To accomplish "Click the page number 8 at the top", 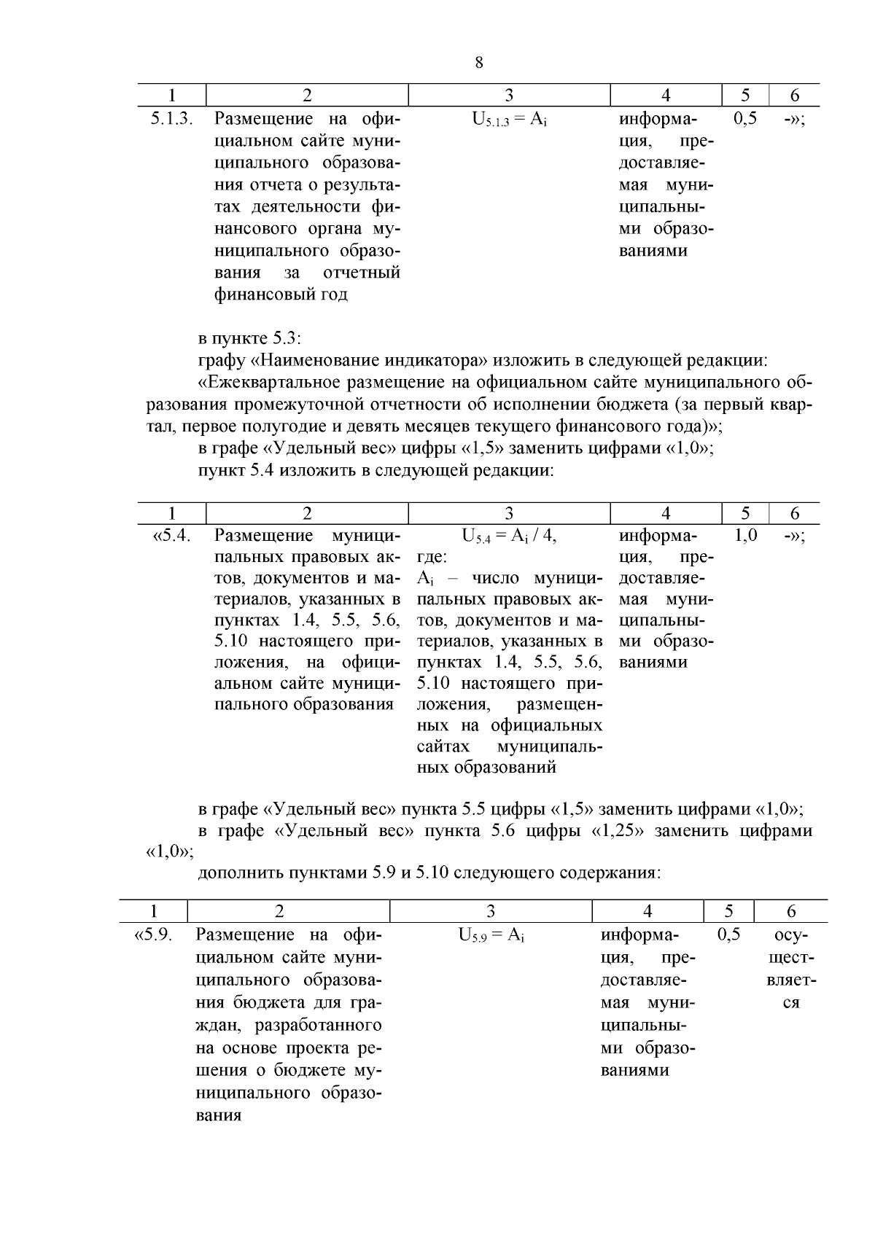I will click(x=478, y=63).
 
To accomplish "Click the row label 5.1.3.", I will click(x=171, y=119).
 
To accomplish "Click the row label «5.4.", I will click(x=171, y=536).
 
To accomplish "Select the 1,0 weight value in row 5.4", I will click(x=744, y=536).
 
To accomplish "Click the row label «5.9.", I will click(x=153, y=935).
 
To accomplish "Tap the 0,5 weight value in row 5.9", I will click(x=728, y=934).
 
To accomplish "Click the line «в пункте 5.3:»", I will click(x=249, y=338).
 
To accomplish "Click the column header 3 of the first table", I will click(x=509, y=95).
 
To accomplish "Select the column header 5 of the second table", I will click(x=744, y=513).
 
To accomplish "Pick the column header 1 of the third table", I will click(x=153, y=911).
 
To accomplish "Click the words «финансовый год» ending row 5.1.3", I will click(x=281, y=295).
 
